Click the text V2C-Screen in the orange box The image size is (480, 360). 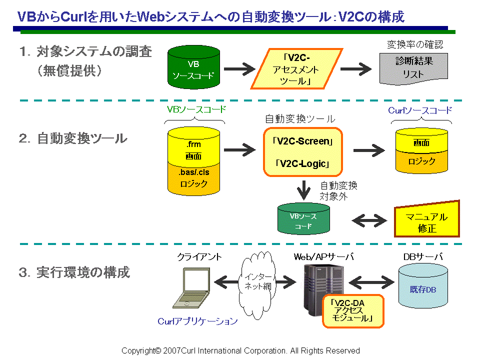point(302,141)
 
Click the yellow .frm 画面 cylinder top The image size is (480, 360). point(193,148)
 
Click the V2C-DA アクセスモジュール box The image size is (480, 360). point(352,310)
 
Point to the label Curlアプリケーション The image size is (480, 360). point(197,321)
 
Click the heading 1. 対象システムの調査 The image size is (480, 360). point(85,51)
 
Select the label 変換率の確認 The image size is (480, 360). point(414,44)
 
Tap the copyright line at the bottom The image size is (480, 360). point(240,350)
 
